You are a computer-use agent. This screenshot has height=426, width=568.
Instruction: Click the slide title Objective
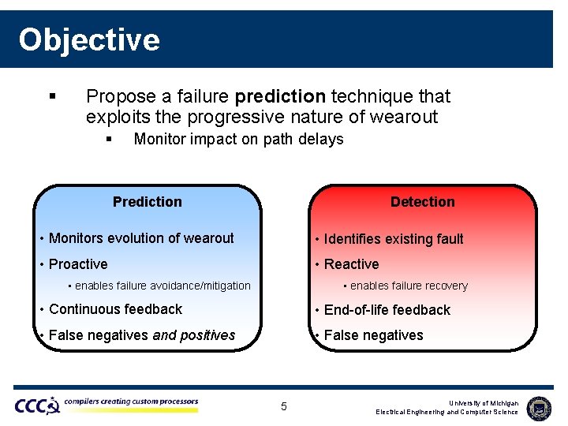(89, 39)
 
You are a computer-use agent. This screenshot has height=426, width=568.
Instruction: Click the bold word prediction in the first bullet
(280, 96)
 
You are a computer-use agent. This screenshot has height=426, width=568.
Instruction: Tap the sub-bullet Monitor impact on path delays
(238, 140)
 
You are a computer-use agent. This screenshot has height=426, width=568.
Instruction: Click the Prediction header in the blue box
(147, 202)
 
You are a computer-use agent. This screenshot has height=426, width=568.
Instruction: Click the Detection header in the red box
(422, 202)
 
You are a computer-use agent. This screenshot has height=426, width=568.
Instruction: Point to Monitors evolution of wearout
(141, 238)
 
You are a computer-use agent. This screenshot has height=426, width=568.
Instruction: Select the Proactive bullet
(78, 264)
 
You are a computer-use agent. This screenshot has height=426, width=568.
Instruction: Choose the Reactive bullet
(351, 264)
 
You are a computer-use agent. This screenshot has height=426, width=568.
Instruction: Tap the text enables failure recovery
(409, 286)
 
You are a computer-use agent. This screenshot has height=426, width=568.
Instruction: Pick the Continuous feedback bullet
(115, 309)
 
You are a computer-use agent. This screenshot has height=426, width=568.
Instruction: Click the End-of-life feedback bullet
(387, 310)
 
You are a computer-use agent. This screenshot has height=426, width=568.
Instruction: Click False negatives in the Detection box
(373, 335)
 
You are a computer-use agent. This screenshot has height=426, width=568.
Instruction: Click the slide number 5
(284, 407)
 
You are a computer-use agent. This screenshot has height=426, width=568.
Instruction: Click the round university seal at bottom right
(539, 407)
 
